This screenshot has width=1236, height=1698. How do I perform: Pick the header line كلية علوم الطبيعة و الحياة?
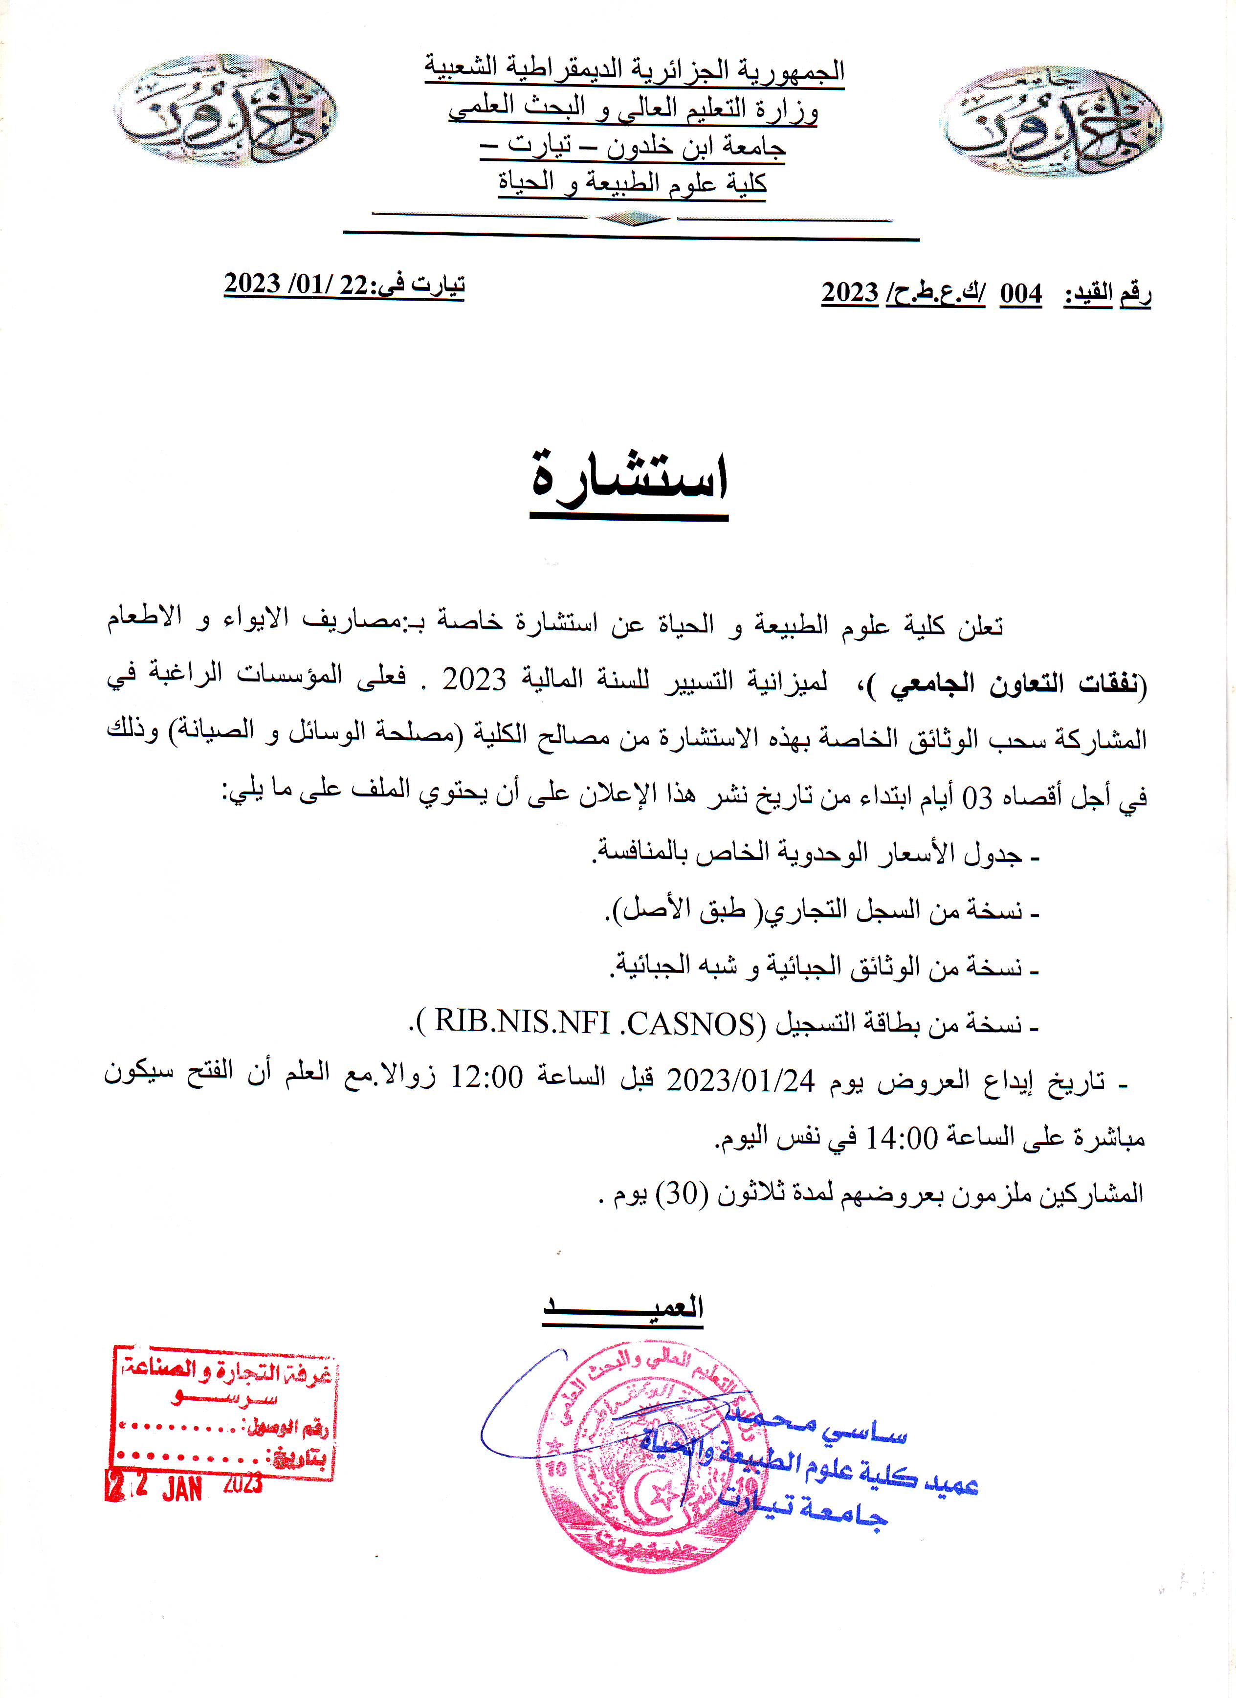[x=633, y=182]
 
